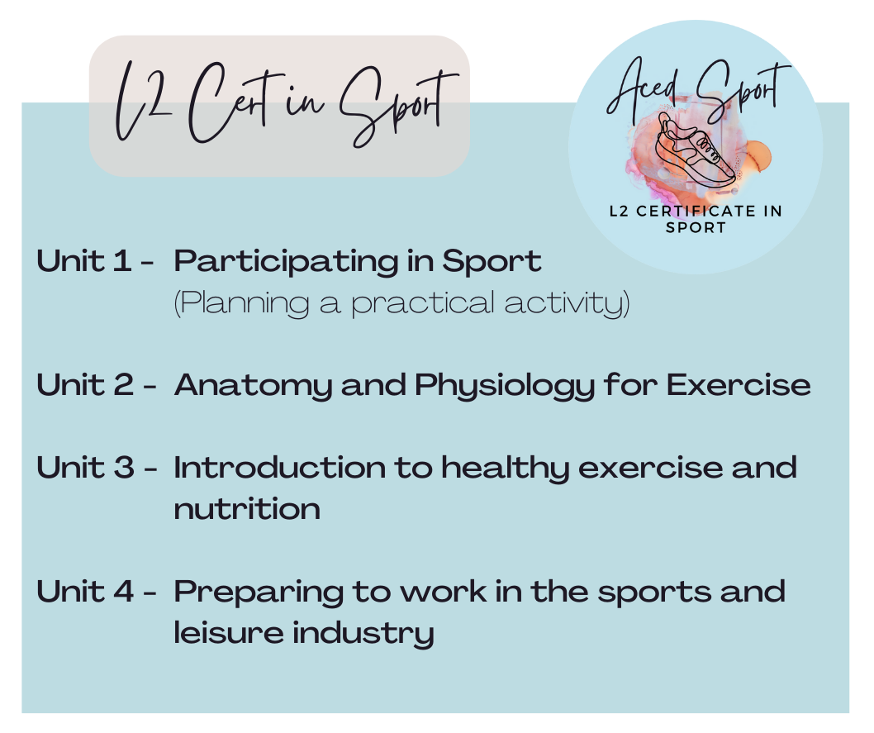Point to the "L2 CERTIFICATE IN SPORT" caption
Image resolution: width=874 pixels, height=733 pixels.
tap(696, 219)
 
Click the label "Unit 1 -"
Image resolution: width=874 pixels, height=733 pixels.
tap(96, 262)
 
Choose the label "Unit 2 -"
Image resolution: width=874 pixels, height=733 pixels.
tap(96, 385)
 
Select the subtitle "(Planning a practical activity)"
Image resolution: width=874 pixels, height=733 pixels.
tap(401, 303)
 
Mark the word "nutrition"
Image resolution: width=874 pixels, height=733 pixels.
tap(247, 509)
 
